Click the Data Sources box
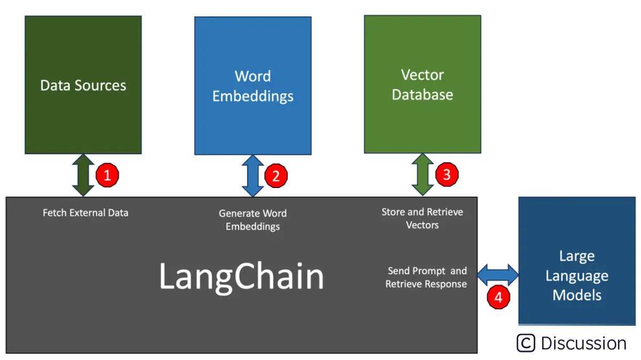pos(83,85)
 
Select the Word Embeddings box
pos(253,85)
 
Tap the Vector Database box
pos(422,84)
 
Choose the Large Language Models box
pos(577,261)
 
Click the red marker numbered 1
pos(107,175)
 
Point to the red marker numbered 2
pos(276,176)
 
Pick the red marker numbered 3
pos(447,175)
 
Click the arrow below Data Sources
pos(82,175)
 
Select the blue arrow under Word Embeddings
pos(253,175)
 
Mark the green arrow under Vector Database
pos(422,175)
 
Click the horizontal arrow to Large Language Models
pos(498,275)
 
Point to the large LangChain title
pos(241,277)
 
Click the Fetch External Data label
pos(85,213)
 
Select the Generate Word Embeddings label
pos(253,220)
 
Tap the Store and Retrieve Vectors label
pos(422,218)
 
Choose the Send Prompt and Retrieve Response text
pos(427,277)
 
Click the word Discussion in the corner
pos(583,343)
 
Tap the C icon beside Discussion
pos(526,343)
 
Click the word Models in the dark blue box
pos(577,295)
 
